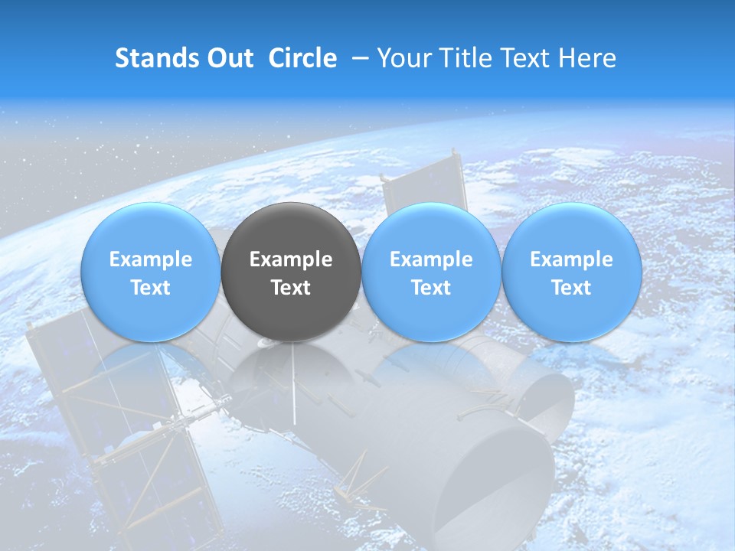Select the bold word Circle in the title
(302, 58)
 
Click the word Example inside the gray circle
(291, 259)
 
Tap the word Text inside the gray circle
(291, 288)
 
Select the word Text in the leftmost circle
(150, 288)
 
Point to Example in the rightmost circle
(571, 259)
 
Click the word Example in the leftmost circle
(150, 259)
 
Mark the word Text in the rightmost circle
(571, 288)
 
